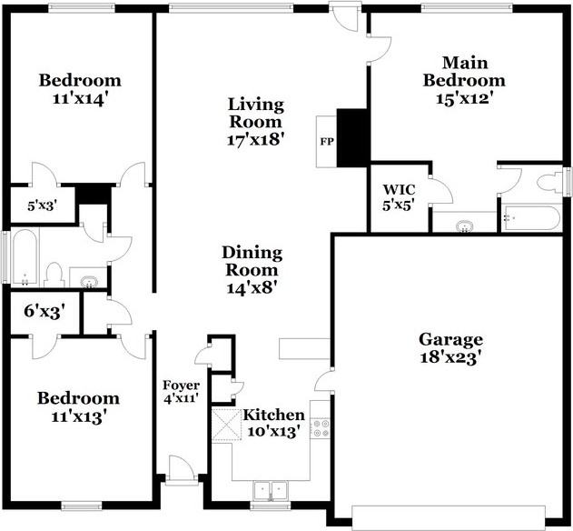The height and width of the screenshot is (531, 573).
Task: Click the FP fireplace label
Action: pyautogui.click(x=327, y=141)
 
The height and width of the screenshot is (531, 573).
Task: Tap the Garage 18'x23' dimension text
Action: pyautogui.click(x=450, y=357)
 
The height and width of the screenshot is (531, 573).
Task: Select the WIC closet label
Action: pyautogui.click(x=399, y=189)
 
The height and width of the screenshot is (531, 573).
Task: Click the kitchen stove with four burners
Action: pyautogui.click(x=321, y=428)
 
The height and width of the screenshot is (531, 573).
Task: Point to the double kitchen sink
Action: pyautogui.click(x=271, y=489)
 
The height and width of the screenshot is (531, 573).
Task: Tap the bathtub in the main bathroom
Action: pyautogui.click(x=530, y=218)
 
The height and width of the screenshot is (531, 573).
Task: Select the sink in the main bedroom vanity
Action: pyautogui.click(x=465, y=225)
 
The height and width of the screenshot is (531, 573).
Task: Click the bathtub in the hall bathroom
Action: pyautogui.click(x=25, y=256)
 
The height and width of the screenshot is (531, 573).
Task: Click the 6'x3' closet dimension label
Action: pyautogui.click(x=44, y=312)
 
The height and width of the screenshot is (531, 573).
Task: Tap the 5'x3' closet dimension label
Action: pyautogui.click(x=43, y=206)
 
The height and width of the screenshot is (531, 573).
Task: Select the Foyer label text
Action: pyautogui.click(x=181, y=386)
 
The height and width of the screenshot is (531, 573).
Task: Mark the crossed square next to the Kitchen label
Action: pyautogui.click(x=227, y=425)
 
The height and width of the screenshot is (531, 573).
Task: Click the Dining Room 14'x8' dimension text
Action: pyautogui.click(x=252, y=287)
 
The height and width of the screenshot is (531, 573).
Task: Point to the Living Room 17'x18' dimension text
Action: pyautogui.click(x=256, y=140)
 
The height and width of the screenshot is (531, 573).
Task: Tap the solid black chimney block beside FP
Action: pyautogui.click(x=351, y=138)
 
